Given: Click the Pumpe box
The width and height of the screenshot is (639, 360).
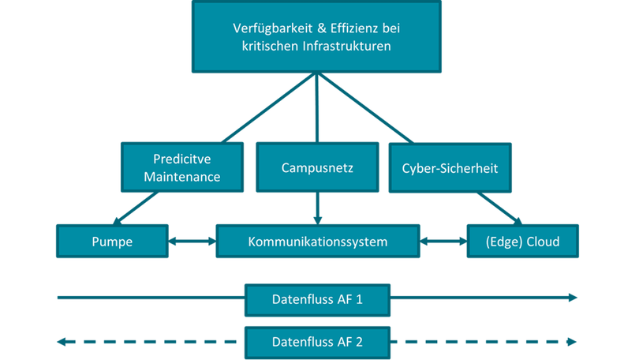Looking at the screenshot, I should click(112, 241).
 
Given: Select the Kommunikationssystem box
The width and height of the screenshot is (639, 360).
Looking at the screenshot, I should click(317, 241).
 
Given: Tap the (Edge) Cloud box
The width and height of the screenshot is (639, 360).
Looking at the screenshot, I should click(523, 241).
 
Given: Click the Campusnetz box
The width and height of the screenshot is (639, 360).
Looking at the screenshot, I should click(317, 167).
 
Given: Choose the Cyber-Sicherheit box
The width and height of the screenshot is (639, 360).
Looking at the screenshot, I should click(450, 167).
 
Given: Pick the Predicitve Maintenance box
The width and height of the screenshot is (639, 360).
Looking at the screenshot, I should click(181, 167).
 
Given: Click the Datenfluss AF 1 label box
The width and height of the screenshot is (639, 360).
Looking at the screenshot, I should click(317, 299).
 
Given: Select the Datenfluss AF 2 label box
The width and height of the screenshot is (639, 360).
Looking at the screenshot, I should click(317, 342).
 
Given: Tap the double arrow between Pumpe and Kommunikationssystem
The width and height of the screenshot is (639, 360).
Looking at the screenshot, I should click(192, 241).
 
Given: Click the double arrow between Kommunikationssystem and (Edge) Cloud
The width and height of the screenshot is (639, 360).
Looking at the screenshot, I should click(443, 241).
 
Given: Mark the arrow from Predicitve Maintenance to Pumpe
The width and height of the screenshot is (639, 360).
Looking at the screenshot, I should click(140, 208).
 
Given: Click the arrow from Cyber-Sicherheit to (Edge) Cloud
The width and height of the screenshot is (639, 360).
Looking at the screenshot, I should click(500, 208).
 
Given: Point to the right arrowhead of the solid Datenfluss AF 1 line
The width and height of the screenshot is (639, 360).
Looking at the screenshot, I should click(572, 298).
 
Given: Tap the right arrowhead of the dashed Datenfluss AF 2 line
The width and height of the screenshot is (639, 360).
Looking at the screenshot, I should click(572, 342).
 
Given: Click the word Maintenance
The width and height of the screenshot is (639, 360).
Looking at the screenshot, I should click(181, 176).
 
